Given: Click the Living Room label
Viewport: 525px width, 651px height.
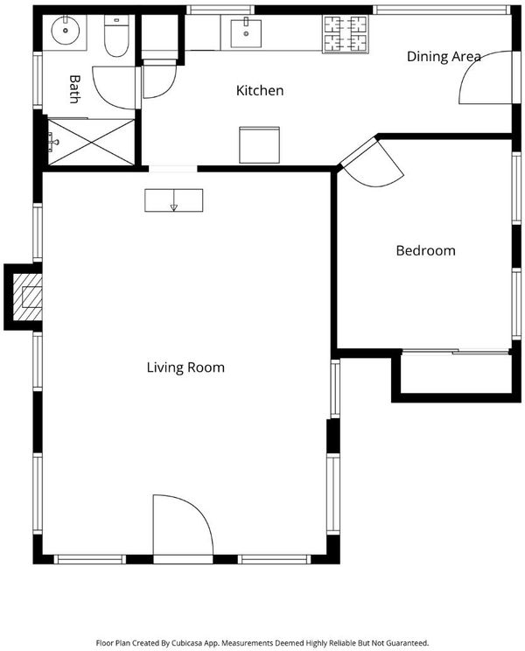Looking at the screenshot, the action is (x=185, y=367).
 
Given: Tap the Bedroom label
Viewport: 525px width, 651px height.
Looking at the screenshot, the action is (x=425, y=250).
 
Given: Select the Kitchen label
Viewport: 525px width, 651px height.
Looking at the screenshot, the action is (x=260, y=90).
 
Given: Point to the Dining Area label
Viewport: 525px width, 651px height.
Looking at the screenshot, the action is (x=444, y=57).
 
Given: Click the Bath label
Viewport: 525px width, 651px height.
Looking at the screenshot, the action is (x=74, y=89).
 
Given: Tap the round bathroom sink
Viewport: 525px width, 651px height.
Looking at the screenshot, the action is (x=65, y=30).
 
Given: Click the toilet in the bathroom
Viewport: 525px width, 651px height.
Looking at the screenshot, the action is (x=116, y=36).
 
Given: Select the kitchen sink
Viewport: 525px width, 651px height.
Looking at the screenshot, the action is (x=246, y=33).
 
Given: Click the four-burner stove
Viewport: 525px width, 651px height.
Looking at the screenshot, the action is (x=346, y=34).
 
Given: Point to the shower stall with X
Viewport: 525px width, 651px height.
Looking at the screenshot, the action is (x=91, y=142).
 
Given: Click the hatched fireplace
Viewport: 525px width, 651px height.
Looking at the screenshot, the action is (x=27, y=297).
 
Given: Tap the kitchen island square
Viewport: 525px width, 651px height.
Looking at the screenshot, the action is (x=259, y=145).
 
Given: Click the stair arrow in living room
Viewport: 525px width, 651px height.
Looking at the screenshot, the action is (x=174, y=200).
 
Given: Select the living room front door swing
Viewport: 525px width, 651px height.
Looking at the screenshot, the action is (x=183, y=525).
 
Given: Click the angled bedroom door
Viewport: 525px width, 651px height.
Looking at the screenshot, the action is (x=372, y=163).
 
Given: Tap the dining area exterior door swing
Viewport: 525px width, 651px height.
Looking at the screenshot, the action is (x=485, y=77).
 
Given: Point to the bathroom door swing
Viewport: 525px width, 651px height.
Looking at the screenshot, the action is (x=115, y=87).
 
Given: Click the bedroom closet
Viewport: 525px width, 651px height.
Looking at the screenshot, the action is (x=456, y=374).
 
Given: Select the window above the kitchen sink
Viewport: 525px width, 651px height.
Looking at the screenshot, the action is (x=220, y=10).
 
